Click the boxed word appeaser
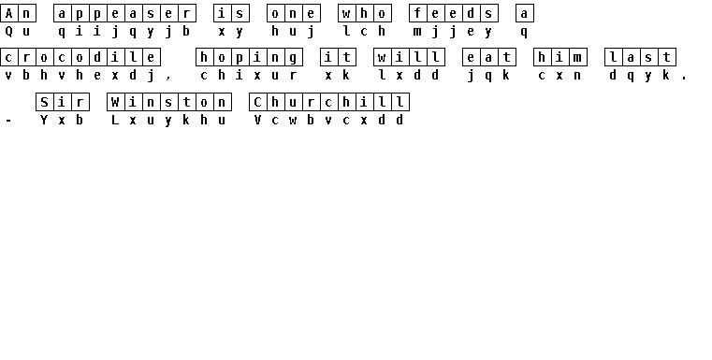tap(124, 13)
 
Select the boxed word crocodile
tap(80, 58)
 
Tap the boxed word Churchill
tap(329, 102)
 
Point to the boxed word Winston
tap(169, 102)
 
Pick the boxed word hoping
tap(249, 58)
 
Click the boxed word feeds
tap(454, 13)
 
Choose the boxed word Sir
tap(63, 102)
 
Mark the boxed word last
tap(640, 58)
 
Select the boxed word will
tap(409, 58)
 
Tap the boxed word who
tap(365, 13)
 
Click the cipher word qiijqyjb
tap(124, 32)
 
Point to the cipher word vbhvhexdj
tap(80, 76)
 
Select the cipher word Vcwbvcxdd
tap(328, 121)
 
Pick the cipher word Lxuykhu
tap(168, 121)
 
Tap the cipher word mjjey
tap(453, 32)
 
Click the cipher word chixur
tap(249, 76)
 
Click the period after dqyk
tap(684, 79)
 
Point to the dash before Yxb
tap(8, 121)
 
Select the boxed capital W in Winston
tap(115, 102)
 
